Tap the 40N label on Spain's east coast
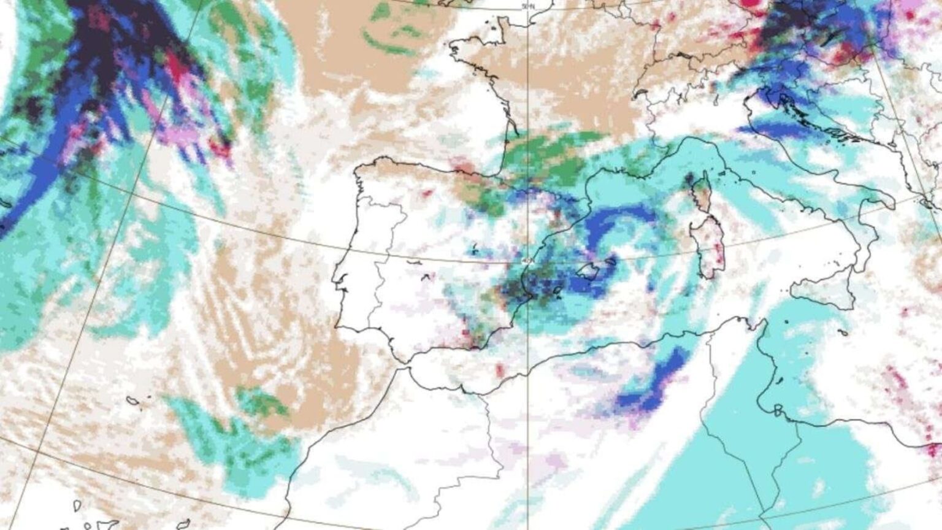pyautogui.click(x=526, y=262)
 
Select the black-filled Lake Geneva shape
pyautogui.click(x=641, y=94)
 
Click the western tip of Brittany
pyautogui.click(x=453, y=48)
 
